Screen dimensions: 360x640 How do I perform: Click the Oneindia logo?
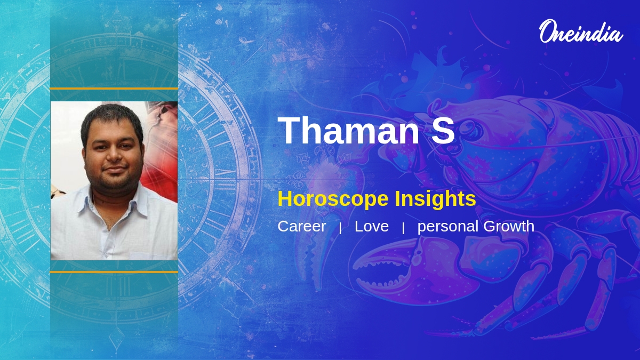[580, 31]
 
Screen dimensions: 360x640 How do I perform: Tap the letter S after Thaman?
[443, 131]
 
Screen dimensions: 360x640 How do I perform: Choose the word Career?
[301, 226]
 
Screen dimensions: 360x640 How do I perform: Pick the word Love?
[371, 226]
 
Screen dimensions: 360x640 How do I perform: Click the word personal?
[447, 227]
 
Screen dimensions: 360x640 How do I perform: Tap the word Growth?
[509, 226]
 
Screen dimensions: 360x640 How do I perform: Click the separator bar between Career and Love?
[340, 228]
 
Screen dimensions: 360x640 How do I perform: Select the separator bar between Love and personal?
[403, 228]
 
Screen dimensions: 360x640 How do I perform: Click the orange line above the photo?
[114, 89]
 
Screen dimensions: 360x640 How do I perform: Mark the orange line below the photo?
[114, 272]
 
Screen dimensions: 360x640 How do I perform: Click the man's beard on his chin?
[114, 184]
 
